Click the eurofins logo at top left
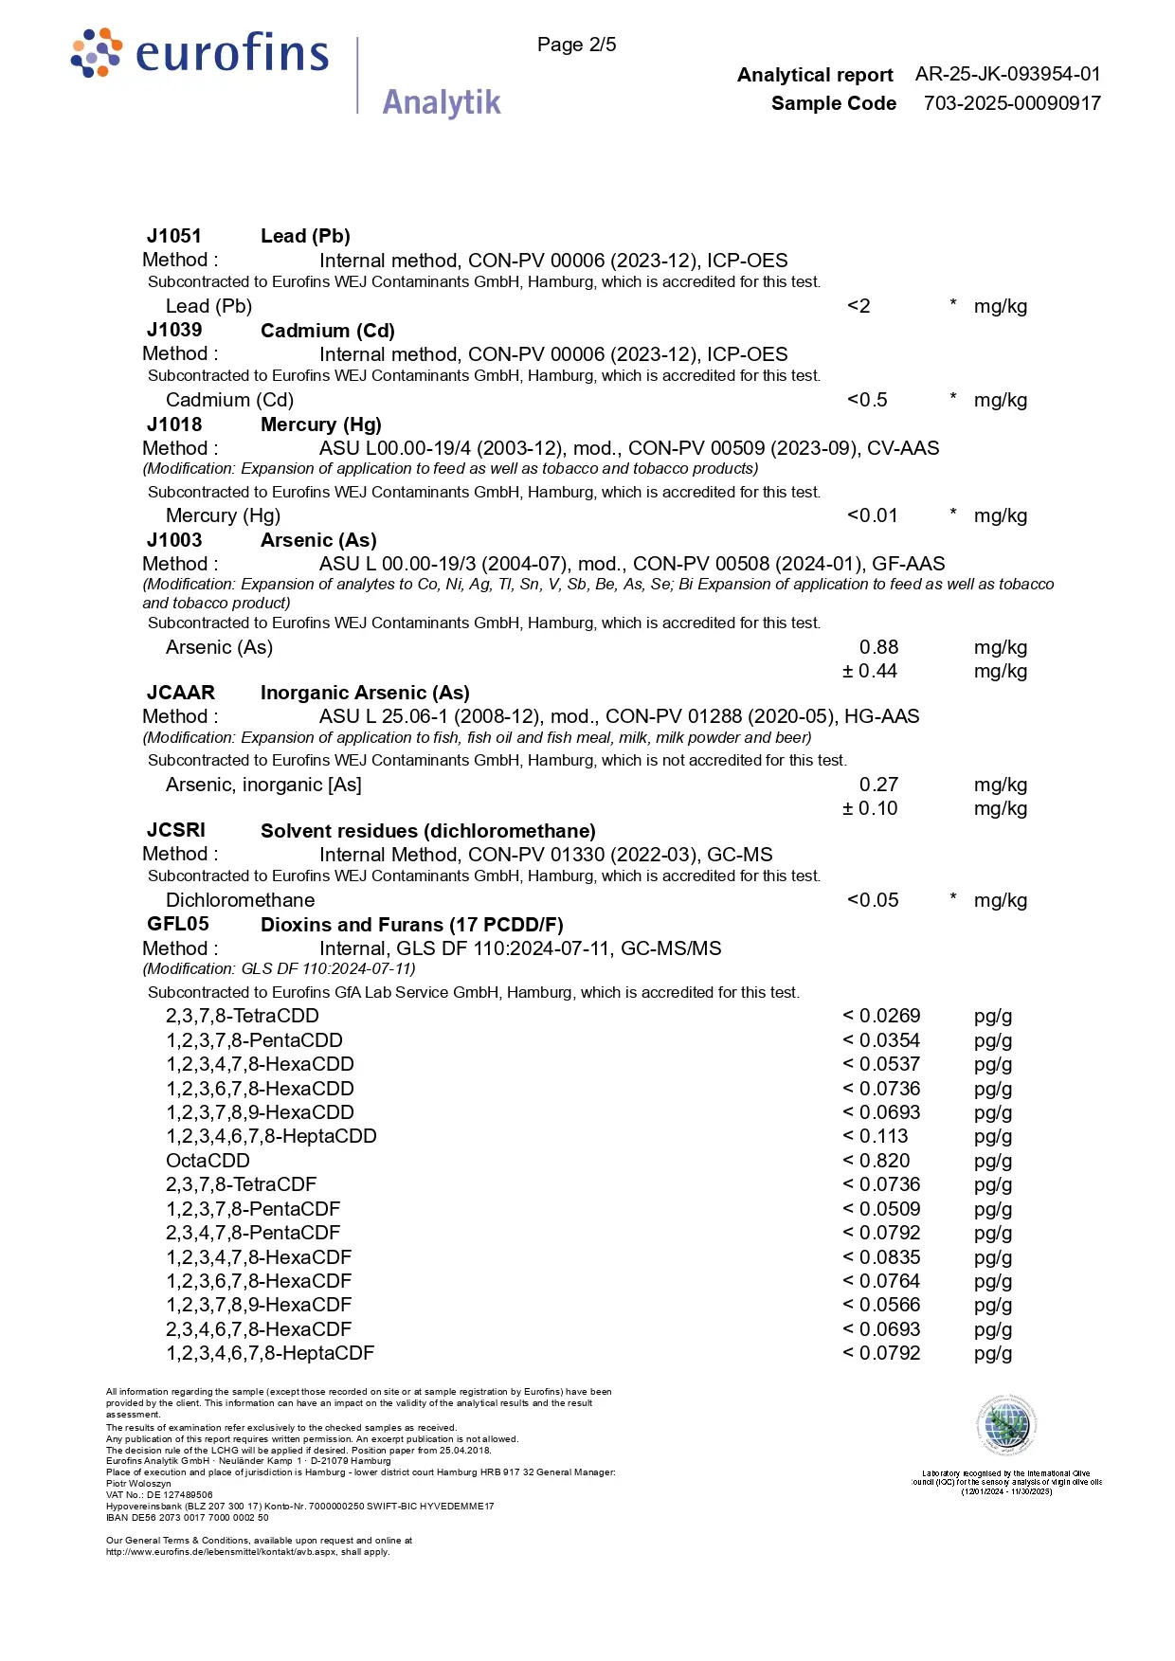pos(201,54)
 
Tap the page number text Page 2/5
pos(576,45)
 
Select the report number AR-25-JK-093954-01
pos(1007,74)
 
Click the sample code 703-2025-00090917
pos(1012,103)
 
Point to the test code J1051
pos(174,236)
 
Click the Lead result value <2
pos(859,306)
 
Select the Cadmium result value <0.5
pos(867,400)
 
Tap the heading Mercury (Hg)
pos(321,424)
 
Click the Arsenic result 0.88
pos(878,647)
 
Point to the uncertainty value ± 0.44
pos(870,671)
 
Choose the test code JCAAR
pos(181,693)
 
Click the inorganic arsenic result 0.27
pos(878,785)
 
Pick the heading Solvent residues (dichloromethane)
pos(428,831)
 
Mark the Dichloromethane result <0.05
pos(873,900)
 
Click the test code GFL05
pos(178,924)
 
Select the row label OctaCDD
pos(208,1161)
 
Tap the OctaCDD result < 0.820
pos(877,1161)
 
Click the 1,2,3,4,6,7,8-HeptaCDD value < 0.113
pos(876,1136)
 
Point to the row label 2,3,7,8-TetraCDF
pos(241,1184)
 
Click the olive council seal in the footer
pos(1006,1425)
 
